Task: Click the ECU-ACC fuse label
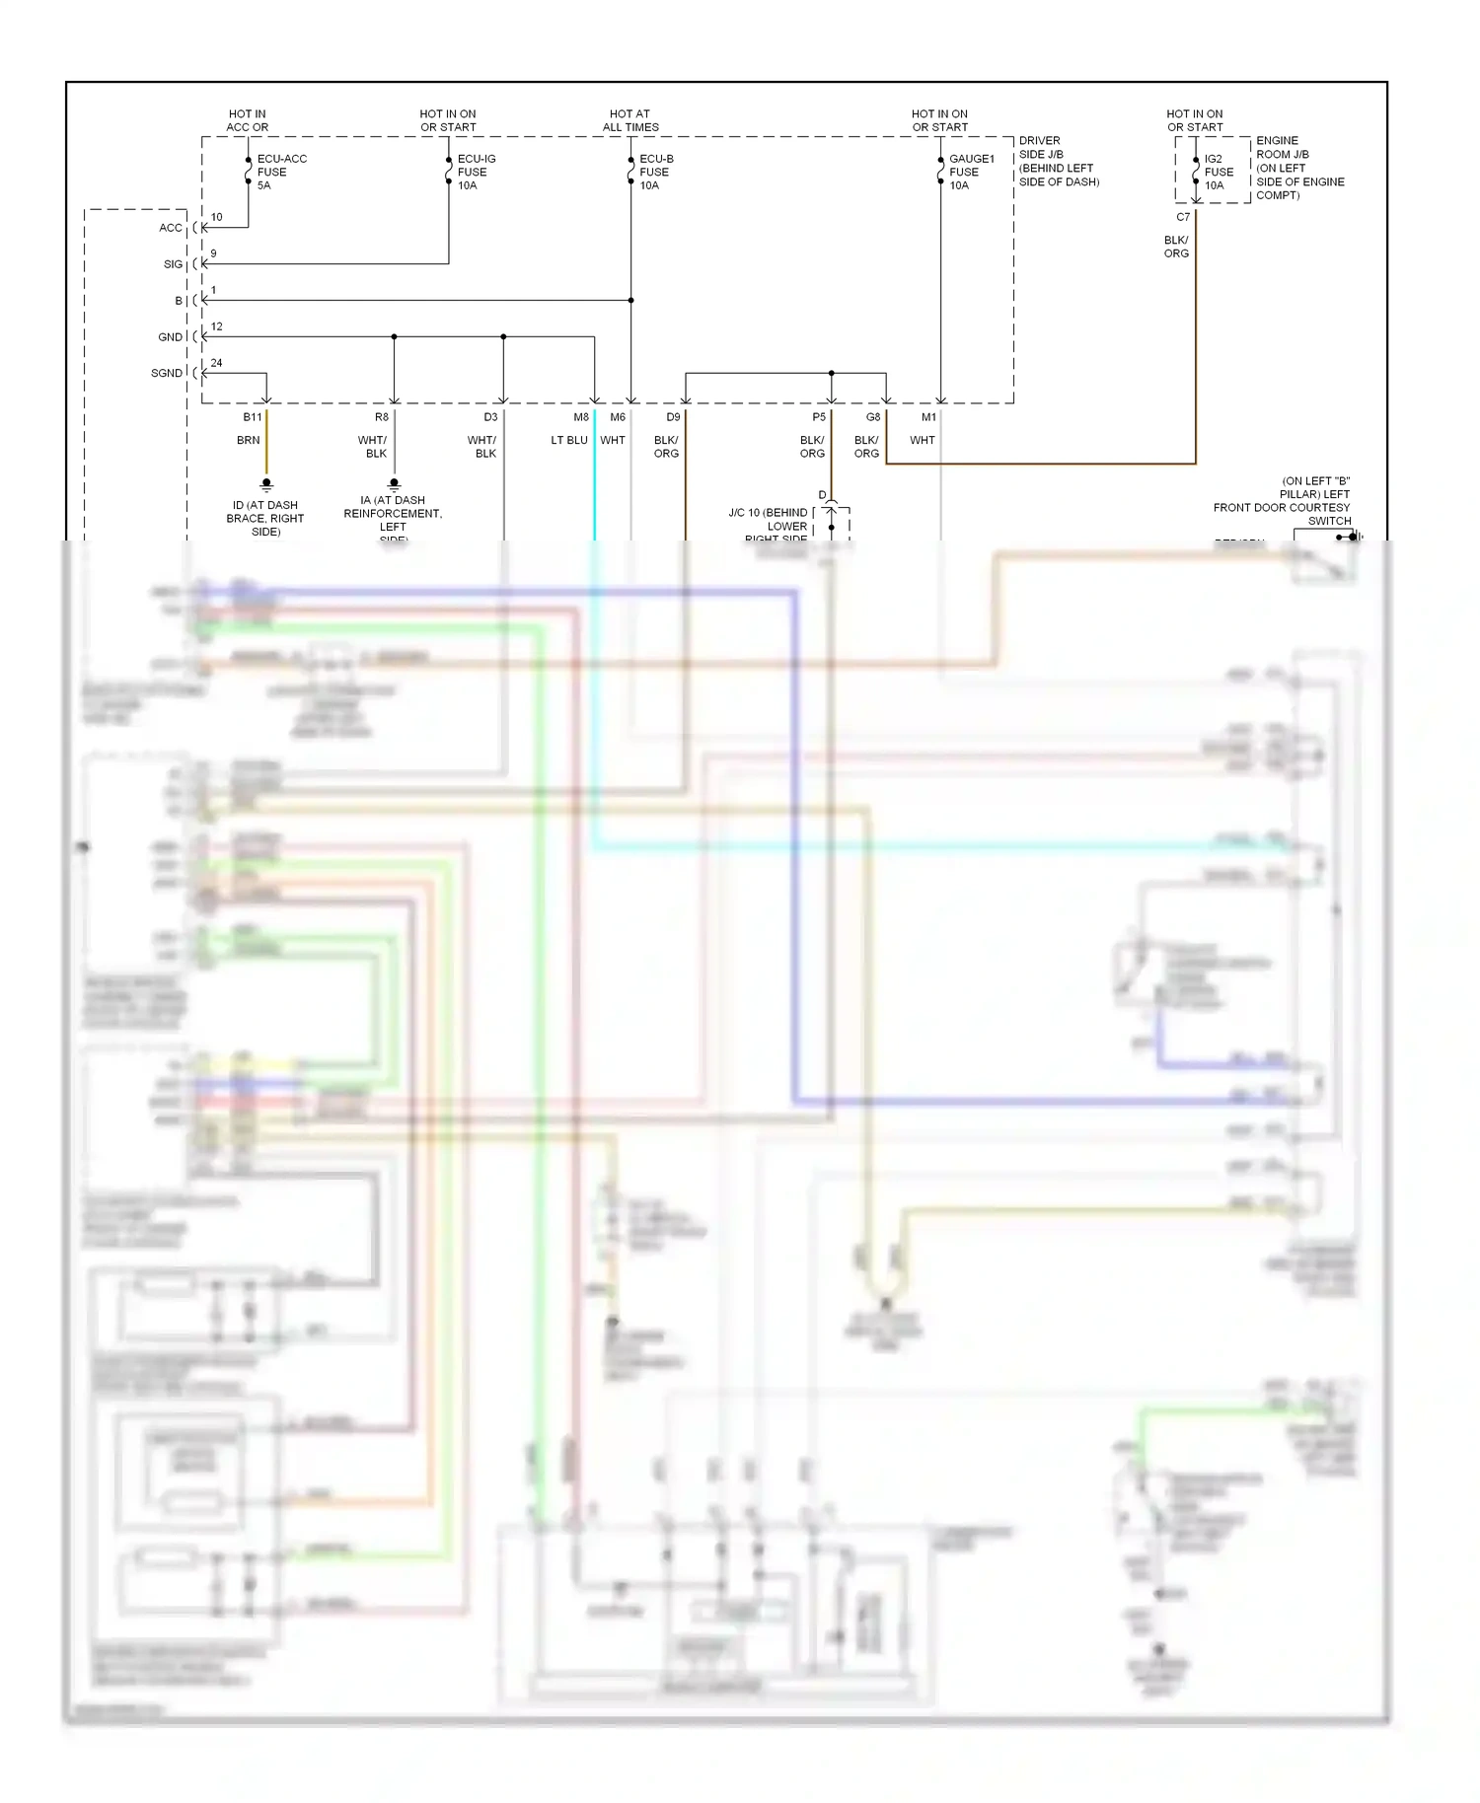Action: click(281, 172)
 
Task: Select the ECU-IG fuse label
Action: click(476, 172)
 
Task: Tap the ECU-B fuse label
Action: click(656, 172)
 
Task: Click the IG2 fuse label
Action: click(1219, 172)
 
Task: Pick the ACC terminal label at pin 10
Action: click(171, 228)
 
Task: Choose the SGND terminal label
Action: click(167, 373)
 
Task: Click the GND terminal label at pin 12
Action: click(170, 337)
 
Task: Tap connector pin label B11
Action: click(253, 417)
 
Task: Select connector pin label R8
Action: click(382, 417)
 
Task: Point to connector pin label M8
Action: click(581, 417)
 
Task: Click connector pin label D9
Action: click(673, 417)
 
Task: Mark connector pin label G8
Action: click(873, 417)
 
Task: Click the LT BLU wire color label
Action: click(569, 441)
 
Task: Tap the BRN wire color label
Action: click(249, 441)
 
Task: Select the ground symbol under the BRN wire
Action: click(266, 485)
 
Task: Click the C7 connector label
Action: click(1183, 217)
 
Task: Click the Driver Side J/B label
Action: click(1058, 162)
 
